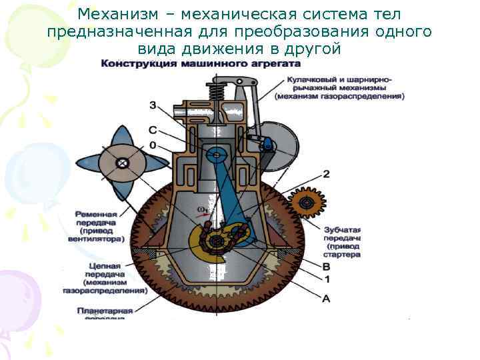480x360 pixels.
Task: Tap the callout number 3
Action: pos(153,105)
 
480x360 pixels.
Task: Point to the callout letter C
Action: pos(153,131)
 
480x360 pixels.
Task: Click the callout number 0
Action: pos(153,145)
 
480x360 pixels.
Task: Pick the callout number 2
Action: pos(326,174)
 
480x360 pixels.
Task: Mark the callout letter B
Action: pos(326,267)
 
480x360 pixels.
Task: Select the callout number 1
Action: pos(326,279)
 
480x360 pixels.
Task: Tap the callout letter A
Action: pos(326,299)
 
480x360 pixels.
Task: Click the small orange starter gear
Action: pos(307,201)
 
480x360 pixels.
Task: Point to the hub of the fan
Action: pos(121,162)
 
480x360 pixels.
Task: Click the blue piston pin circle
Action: pos(214,157)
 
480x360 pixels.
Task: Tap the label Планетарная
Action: pos(105,311)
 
